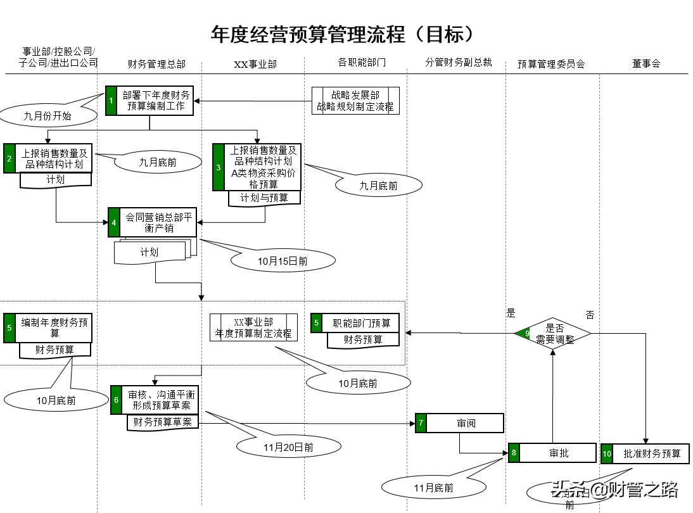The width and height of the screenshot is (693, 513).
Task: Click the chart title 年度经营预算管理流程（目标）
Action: pos(343,34)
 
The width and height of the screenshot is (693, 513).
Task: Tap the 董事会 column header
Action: pos(645,63)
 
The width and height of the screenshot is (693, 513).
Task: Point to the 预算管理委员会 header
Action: pos(551,64)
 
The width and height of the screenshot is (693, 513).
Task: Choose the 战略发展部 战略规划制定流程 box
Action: pos(355,101)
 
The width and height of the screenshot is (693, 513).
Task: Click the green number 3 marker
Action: pos(219,167)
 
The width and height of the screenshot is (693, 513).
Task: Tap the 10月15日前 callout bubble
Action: pos(283,260)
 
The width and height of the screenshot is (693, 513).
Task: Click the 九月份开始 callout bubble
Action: pos(48,116)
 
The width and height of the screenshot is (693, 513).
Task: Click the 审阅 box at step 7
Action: pos(466,423)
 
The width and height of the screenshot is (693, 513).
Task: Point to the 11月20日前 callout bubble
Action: pos(288,446)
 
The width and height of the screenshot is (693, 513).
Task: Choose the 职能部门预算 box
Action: pos(362,323)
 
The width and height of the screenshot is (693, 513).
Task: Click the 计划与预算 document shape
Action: pos(264,198)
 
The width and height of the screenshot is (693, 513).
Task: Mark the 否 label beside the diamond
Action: pos(590,315)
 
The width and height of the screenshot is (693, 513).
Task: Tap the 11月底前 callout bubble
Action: pos(433,487)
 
